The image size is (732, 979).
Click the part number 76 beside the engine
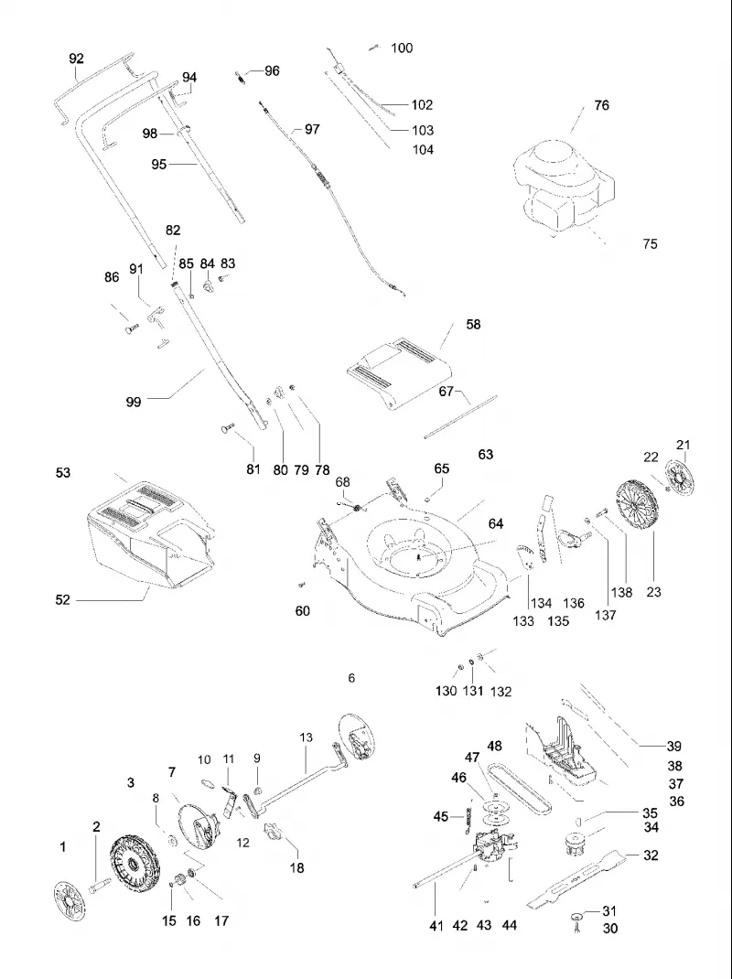click(601, 105)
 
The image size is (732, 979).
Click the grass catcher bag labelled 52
click(150, 534)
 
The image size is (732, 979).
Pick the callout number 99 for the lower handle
click(134, 402)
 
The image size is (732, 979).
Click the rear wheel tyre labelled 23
click(637, 506)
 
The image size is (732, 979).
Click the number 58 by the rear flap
click(473, 324)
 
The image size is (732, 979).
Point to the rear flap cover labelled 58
click(399, 372)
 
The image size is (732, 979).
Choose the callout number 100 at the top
click(402, 48)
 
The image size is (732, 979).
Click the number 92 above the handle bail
click(76, 58)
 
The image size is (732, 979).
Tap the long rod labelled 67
click(460, 417)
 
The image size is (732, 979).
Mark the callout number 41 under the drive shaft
click(436, 926)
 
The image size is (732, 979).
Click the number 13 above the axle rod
click(306, 737)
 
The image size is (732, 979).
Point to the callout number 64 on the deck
click(496, 523)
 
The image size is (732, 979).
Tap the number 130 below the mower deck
click(446, 691)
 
